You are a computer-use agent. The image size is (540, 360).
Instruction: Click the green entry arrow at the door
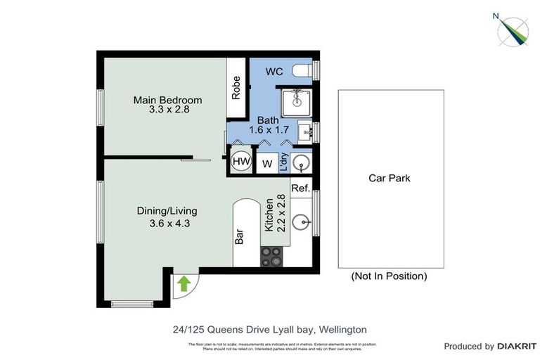(184, 283)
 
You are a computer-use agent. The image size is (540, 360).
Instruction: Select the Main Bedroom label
(167, 100)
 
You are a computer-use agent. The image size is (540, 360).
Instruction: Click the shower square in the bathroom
(296, 103)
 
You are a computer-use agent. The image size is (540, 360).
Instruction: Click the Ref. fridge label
(300, 188)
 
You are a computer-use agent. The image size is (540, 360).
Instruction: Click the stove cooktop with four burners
(271, 258)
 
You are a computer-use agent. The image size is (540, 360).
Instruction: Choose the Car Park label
(389, 178)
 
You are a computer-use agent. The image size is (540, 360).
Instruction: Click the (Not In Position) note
(389, 276)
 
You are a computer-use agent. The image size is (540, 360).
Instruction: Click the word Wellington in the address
(344, 329)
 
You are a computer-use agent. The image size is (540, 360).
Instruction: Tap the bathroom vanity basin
(306, 131)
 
